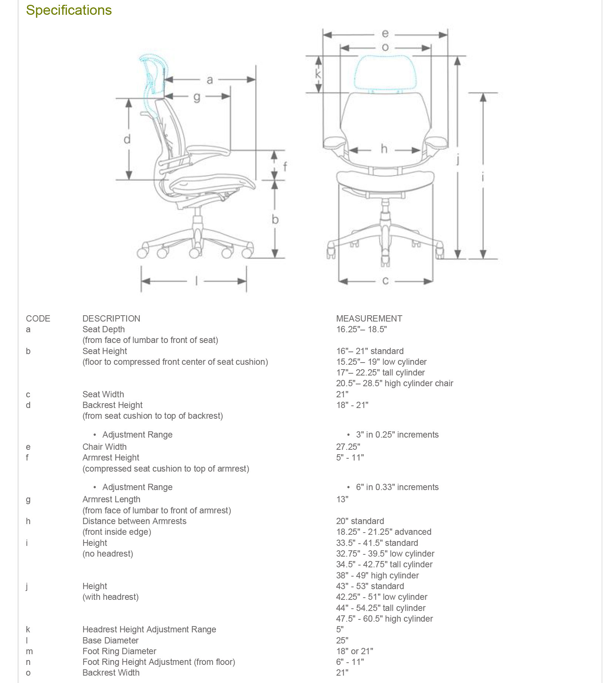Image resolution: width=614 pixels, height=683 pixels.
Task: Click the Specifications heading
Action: (x=69, y=10)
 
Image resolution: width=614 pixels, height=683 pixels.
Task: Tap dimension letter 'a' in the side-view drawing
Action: (x=210, y=80)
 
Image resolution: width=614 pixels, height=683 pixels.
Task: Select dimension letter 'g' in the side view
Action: (x=197, y=97)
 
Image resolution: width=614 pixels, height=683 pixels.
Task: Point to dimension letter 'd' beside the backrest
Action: (x=127, y=139)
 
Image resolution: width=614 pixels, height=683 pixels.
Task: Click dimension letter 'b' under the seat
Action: (x=275, y=219)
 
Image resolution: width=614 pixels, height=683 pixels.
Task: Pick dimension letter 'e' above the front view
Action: (x=385, y=34)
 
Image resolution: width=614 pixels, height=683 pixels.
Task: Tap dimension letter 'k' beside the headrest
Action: (x=318, y=74)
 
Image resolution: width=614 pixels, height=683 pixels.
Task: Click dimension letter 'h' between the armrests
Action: (x=384, y=149)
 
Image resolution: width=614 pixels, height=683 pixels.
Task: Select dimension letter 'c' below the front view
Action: (x=385, y=281)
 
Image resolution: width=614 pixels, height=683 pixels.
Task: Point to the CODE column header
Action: (x=38, y=319)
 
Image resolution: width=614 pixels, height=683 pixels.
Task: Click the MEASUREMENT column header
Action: (x=369, y=319)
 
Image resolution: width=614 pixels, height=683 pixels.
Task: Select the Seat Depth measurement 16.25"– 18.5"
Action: (x=361, y=329)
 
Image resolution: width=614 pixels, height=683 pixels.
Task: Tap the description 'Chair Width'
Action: (x=104, y=447)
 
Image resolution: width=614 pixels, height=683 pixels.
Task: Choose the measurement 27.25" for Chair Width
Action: (x=348, y=447)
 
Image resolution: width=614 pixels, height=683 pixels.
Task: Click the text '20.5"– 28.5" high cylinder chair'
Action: (x=395, y=383)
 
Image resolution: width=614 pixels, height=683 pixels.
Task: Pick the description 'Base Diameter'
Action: (x=110, y=640)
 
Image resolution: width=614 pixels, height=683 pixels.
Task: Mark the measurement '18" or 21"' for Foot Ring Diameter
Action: (x=355, y=651)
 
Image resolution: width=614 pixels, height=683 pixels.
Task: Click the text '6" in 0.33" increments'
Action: (x=397, y=487)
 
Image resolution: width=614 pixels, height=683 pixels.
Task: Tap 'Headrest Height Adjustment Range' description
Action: (x=149, y=629)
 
